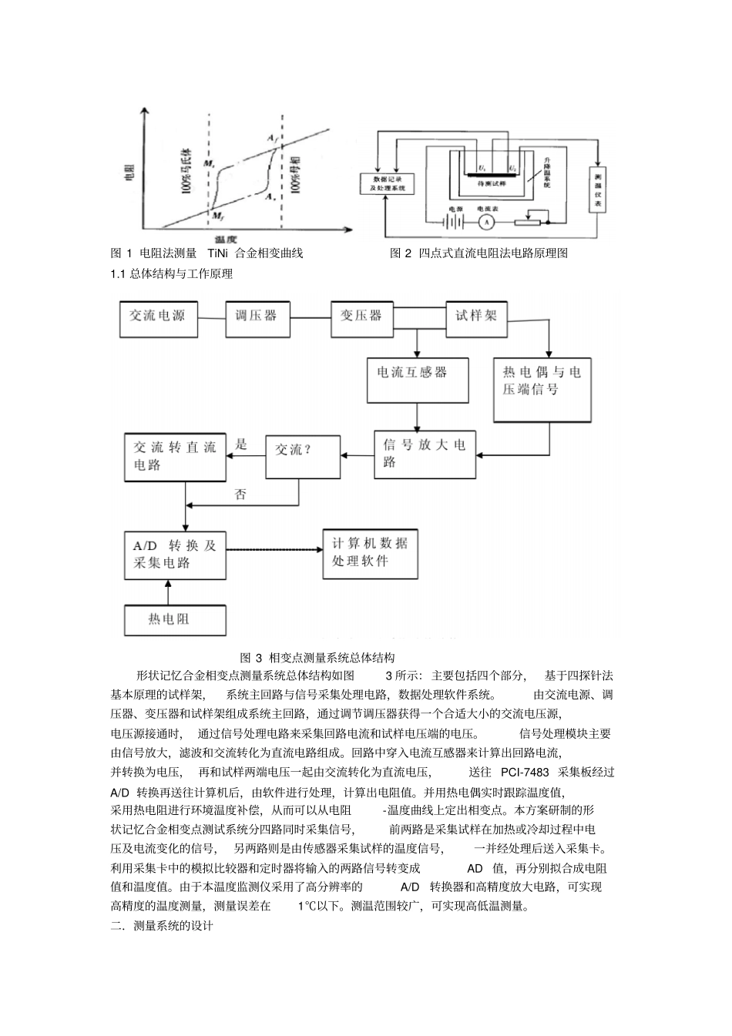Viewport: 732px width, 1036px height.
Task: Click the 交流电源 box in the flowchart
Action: pyautogui.click(x=158, y=317)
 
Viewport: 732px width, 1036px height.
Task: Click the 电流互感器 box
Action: pyautogui.click(x=418, y=381)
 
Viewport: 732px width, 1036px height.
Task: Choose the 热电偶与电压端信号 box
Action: pyautogui.click(x=542, y=389)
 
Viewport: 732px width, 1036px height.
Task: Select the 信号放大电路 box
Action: pyautogui.click(x=425, y=454)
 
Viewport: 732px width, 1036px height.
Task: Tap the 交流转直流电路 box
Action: pyautogui.click(x=175, y=456)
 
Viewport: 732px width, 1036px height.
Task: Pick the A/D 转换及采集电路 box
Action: pyautogui.click(x=175, y=555)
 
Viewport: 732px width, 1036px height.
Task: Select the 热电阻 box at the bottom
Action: pyautogui.click(x=175, y=619)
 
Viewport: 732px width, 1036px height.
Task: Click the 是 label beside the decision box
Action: pyautogui.click(x=242, y=444)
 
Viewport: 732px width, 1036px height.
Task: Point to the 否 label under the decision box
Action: pyautogui.click(x=241, y=495)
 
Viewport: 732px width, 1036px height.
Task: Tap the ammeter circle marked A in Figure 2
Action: pyautogui.click(x=485, y=222)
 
